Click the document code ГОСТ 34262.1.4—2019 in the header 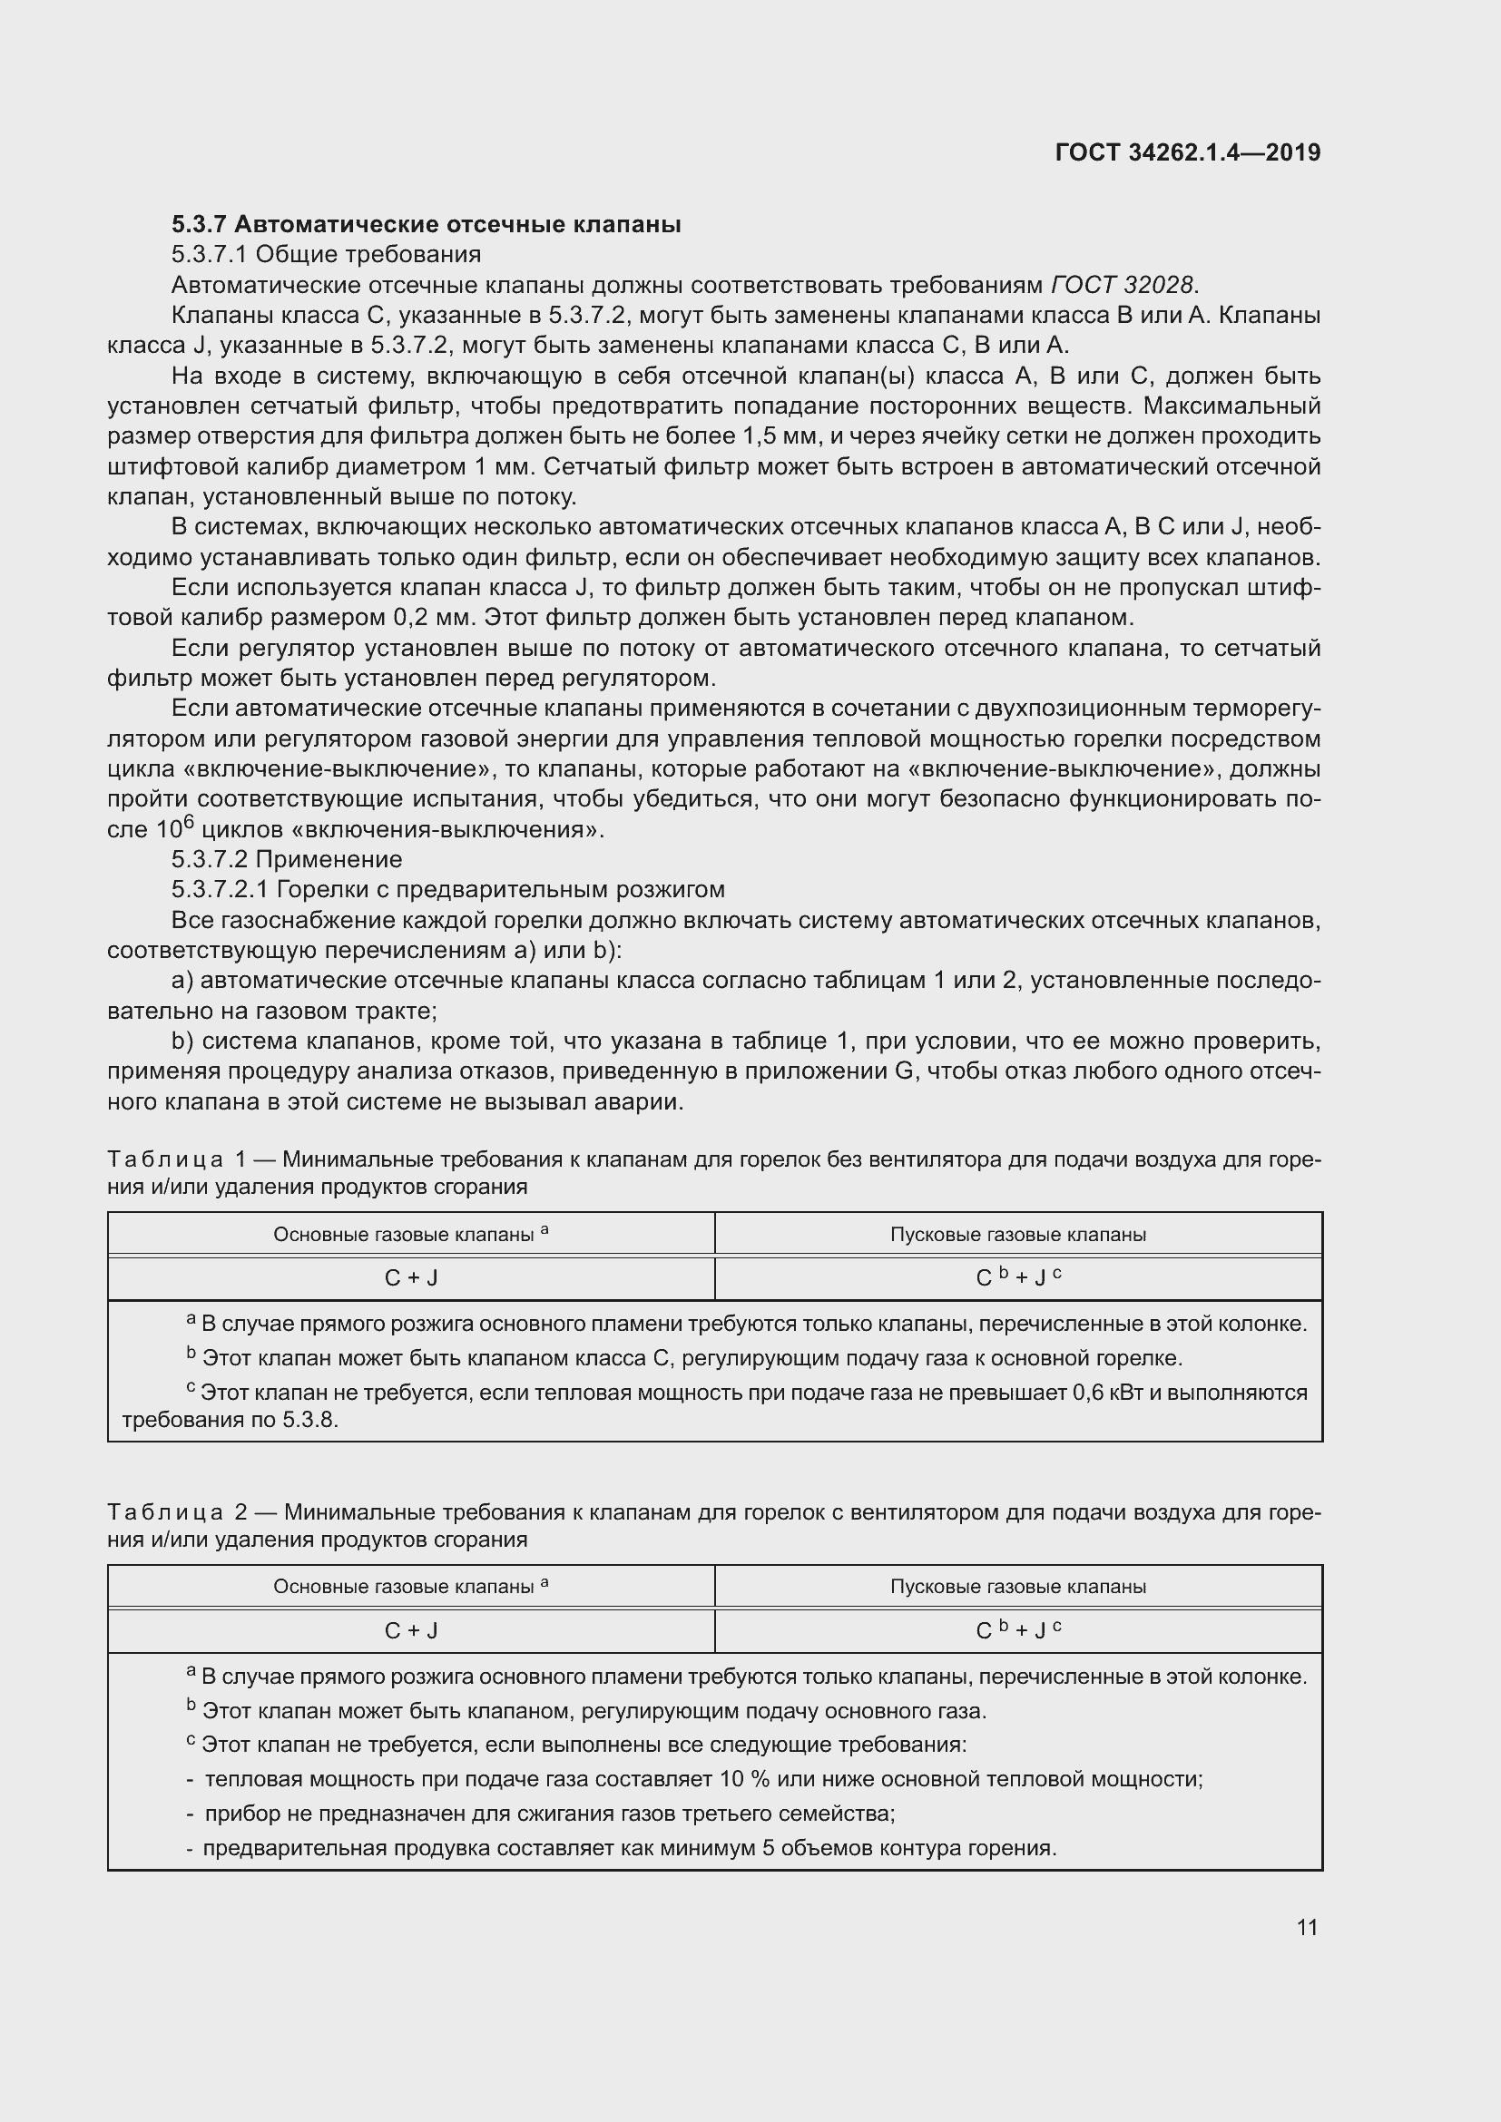(x=1188, y=152)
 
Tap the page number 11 (x=1307, y=1927)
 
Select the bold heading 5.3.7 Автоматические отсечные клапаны (x=427, y=225)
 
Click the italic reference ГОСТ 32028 (x=1122, y=285)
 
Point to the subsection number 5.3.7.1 (x=210, y=254)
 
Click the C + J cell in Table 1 (x=411, y=1278)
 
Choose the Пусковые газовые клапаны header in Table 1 (x=1017, y=1235)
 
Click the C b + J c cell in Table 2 (x=1017, y=1631)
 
